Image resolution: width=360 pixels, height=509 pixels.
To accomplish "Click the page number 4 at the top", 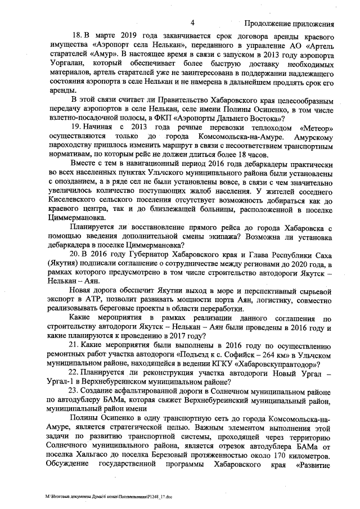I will click(192, 23).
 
